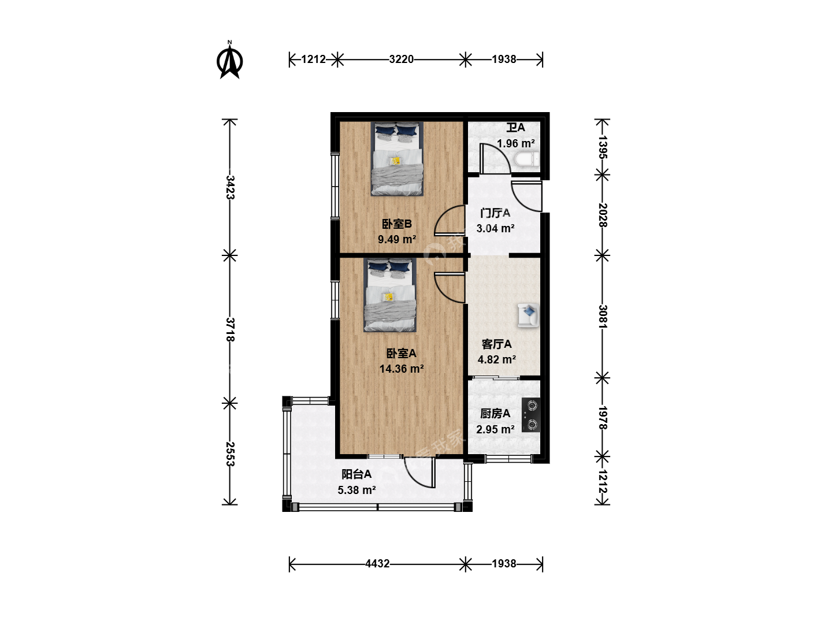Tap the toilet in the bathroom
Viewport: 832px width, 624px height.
pyautogui.click(x=527, y=159)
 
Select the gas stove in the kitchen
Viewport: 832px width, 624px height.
pyautogui.click(x=531, y=415)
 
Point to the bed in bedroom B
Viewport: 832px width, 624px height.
pyautogui.click(x=397, y=159)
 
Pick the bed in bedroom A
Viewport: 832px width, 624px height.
pyautogui.click(x=389, y=295)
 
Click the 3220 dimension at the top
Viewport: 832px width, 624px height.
pyautogui.click(x=401, y=60)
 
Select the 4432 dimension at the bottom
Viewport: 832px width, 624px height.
pyautogui.click(x=377, y=564)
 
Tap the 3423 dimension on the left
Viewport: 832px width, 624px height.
pyautogui.click(x=230, y=187)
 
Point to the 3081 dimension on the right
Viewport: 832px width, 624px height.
pyautogui.click(x=603, y=317)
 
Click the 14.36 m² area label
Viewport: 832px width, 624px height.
pyautogui.click(x=402, y=369)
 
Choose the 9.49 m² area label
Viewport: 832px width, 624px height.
pyautogui.click(x=397, y=239)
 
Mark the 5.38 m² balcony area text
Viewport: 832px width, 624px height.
pyautogui.click(x=356, y=491)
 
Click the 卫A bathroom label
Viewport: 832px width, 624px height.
pyautogui.click(x=515, y=128)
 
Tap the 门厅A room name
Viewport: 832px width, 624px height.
pyautogui.click(x=495, y=213)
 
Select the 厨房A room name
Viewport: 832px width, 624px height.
pyautogui.click(x=495, y=414)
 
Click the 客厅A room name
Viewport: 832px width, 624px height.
pyautogui.click(x=496, y=344)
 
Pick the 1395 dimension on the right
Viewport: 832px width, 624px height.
pyautogui.click(x=603, y=147)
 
